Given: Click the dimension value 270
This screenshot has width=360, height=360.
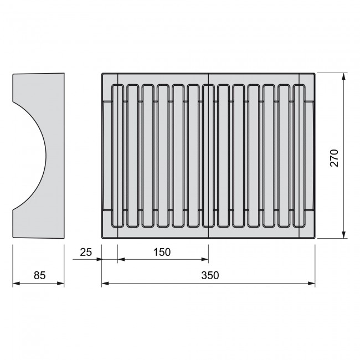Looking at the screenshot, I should [333, 157].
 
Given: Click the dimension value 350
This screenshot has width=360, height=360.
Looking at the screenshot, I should [210, 275].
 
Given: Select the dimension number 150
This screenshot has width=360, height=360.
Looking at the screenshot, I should [161, 251].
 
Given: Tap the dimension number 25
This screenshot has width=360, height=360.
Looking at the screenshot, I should [86, 251].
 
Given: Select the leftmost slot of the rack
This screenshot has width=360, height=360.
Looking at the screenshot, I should [117, 156].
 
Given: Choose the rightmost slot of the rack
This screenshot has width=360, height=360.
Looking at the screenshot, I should [300, 156].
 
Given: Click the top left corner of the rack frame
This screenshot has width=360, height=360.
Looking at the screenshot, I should [103, 73].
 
